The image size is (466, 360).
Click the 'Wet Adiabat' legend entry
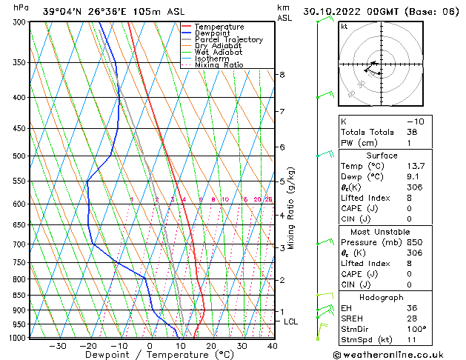tap(219, 53)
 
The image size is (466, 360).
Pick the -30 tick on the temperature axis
tap(58, 346)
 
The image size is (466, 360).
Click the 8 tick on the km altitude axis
tap(282, 75)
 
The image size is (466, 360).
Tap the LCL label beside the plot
tap(290, 321)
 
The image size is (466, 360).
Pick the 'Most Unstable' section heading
tap(384, 231)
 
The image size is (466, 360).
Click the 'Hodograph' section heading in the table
tap(384, 297)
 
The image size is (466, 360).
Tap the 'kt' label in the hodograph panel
tap(344, 27)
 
